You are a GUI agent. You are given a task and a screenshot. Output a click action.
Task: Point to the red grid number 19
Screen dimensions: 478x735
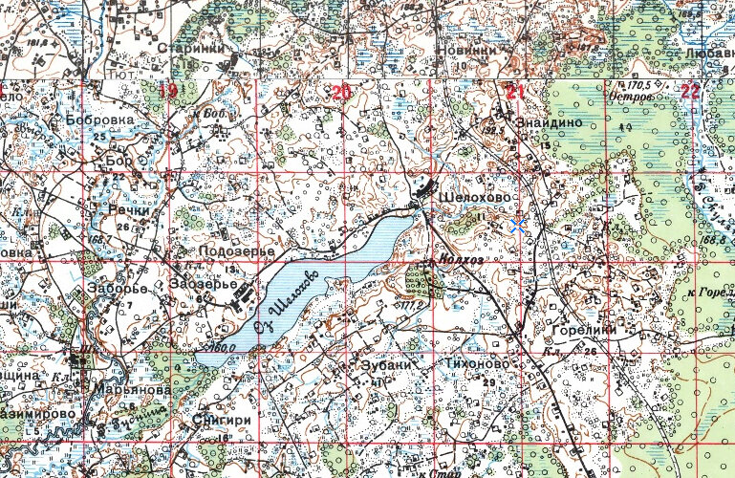pyautogui.click(x=168, y=92)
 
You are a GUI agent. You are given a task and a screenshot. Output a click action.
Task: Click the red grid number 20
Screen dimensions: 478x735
pyautogui.click(x=340, y=92)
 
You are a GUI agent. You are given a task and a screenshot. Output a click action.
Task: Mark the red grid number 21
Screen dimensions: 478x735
pyautogui.click(x=516, y=92)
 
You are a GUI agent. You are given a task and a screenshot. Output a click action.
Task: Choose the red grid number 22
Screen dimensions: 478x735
pyautogui.click(x=690, y=92)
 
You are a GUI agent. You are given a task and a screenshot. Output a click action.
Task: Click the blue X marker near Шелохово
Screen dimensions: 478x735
pyautogui.click(x=518, y=226)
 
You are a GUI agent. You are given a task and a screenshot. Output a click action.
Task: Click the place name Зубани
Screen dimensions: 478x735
pyautogui.click(x=387, y=364)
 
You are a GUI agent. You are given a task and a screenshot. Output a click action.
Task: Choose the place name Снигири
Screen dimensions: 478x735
pyautogui.click(x=221, y=418)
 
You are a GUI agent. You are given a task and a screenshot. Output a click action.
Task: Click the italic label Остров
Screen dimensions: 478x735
pyautogui.click(x=628, y=98)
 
